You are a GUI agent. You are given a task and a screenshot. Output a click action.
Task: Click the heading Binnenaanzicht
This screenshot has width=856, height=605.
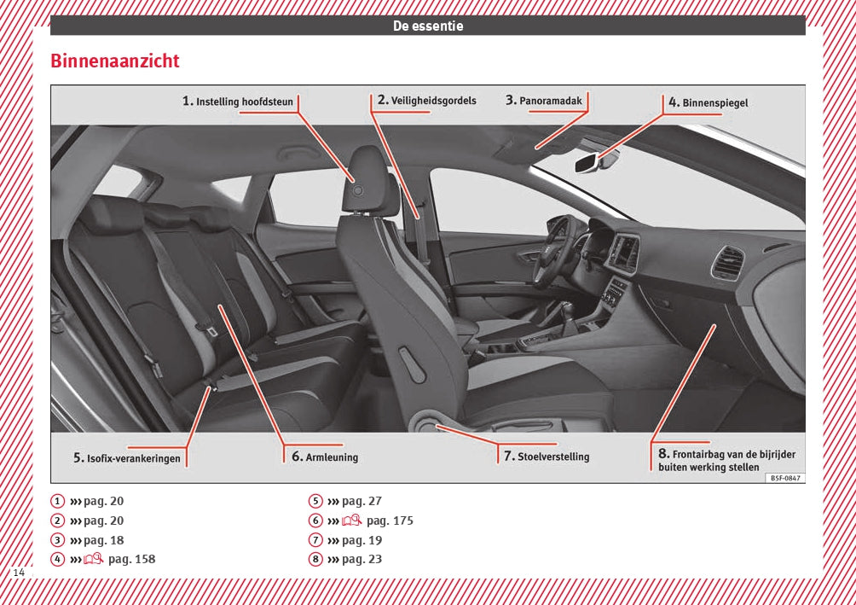point(115,62)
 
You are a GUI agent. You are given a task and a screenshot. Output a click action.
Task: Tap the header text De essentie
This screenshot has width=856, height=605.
point(428,26)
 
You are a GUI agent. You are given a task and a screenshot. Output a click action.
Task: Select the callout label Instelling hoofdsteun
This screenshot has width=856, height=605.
point(238,102)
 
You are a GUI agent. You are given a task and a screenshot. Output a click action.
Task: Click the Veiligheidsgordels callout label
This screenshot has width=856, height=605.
point(427,101)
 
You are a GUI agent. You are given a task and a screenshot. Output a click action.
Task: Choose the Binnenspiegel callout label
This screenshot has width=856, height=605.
point(709,102)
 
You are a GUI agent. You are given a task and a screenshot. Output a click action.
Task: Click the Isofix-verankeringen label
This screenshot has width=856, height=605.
point(127,458)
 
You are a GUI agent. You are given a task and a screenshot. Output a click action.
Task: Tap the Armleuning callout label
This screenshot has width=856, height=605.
point(325,457)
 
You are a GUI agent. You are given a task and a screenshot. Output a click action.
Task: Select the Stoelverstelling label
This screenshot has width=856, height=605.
point(546,457)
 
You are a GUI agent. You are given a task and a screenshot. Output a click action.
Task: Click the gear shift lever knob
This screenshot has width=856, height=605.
point(566,308)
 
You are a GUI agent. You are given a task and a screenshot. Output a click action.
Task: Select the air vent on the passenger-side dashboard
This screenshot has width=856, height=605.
point(727,263)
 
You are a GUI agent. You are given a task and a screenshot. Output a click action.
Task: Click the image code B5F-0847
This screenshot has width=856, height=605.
point(784,479)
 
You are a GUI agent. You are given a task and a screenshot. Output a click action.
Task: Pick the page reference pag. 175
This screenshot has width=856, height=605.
point(390,521)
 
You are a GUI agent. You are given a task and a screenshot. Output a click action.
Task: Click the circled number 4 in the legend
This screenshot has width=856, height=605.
point(57,560)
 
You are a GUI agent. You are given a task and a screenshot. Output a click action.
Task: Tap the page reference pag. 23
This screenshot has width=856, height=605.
point(361,560)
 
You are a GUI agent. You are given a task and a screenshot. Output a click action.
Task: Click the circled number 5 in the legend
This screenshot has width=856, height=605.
point(315,502)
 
